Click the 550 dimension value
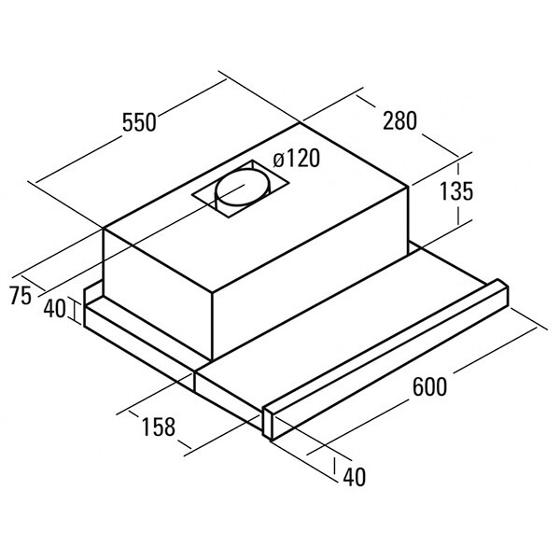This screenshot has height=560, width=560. (139, 122)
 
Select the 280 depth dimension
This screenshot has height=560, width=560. (399, 120)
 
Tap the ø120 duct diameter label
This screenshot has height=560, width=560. (296, 159)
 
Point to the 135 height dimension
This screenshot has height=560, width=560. (456, 191)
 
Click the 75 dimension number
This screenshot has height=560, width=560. (21, 296)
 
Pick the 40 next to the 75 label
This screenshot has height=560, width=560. (55, 309)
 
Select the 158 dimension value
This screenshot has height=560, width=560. (159, 427)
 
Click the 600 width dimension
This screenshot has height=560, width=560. (429, 386)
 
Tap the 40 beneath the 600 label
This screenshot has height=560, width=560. (355, 477)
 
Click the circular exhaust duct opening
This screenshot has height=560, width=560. (242, 189)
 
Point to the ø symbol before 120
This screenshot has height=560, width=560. (278, 161)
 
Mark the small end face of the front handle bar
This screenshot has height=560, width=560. (268, 423)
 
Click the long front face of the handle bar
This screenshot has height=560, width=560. (390, 372)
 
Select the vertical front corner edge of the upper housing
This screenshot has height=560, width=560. (213, 327)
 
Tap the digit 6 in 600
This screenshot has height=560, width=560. (418, 386)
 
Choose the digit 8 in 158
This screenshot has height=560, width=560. (170, 427)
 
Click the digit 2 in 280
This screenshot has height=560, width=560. (388, 120)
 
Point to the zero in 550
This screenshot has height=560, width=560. (150, 122)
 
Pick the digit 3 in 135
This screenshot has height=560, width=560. (456, 191)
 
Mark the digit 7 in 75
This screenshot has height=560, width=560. (15, 296)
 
